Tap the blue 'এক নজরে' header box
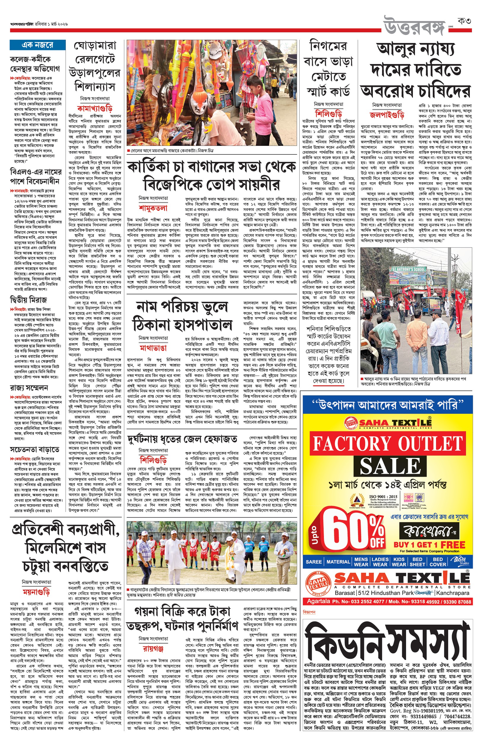pyautogui.click(x=37, y=45)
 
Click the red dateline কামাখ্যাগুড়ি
pyautogui.click(x=95, y=109)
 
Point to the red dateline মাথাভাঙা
pyautogui.click(x=153, y=348)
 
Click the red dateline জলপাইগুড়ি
pyautogui.click(x=387, y=114)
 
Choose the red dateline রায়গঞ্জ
pyautogui.click(x=153, y=649)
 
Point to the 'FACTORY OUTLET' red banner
pyautogui.click(x=387, y=444)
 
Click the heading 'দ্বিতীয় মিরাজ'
pyautogui.click(x=28, y=300)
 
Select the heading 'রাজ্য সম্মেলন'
pyautogui.click(x=29, y=388)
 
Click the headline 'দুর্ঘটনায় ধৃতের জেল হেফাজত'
pyautogui.click(x=182, y=439)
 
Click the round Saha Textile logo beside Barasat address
pyautogui.click(x=316, y=583)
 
